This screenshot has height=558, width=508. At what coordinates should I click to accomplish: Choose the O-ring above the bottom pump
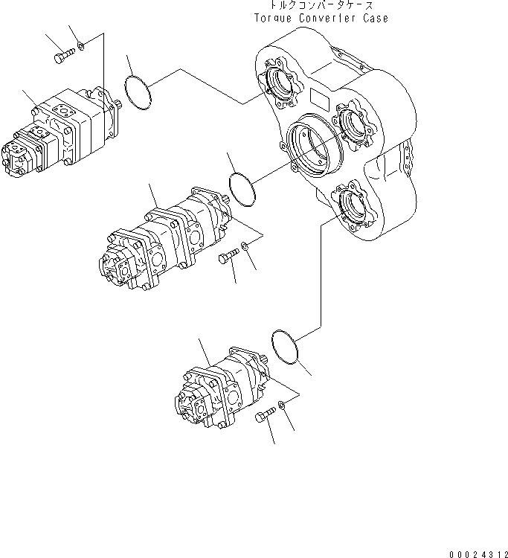pos(286,347)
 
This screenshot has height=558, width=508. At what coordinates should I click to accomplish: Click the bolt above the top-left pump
pos(65,53)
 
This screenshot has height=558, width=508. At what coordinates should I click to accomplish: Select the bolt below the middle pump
pos(227,258)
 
